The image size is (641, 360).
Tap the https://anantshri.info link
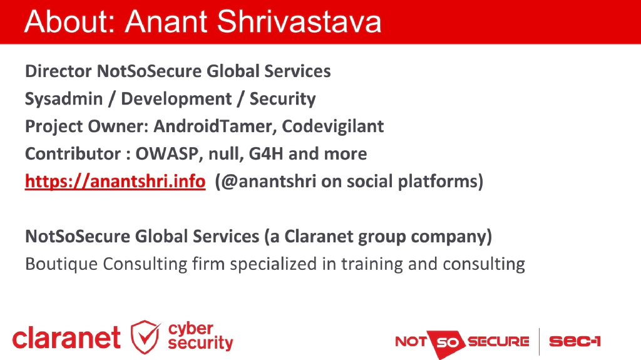click(x=115, y=182)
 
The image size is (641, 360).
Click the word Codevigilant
click(x=332, y=126)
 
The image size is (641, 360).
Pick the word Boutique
click(x=61, y=264)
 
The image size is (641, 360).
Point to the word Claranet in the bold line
click(x=318, y=237)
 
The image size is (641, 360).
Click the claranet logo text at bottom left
click(x=66, y=338)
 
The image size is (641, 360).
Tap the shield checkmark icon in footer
click(x=145, y=336)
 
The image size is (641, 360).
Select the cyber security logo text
click(x=200, y=336)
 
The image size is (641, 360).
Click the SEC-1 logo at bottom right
click(x=575, y=341)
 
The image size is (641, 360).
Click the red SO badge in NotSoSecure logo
click(x=448, y=342)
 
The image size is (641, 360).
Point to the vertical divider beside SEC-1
click(x=539, y=341)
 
